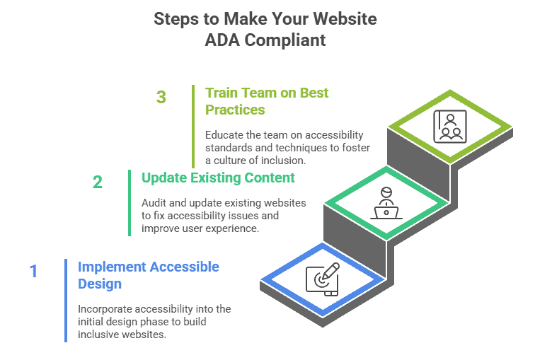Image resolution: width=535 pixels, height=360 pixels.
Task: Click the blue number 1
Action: coord(33,271)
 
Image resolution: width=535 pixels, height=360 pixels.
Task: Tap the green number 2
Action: coord(98,182)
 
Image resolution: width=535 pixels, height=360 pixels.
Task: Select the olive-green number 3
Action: coord(161,97)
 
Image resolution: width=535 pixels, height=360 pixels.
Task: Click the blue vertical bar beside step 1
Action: coord(66,300)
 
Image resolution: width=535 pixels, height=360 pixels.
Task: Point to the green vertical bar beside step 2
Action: coord(130,202)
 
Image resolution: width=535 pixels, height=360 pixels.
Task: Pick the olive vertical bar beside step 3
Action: coord(193,126)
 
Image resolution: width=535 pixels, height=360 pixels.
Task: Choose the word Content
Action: coord(270,178)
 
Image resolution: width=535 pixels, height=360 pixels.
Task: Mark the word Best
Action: coord(314,93)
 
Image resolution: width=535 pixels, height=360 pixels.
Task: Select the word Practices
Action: coord(235,110)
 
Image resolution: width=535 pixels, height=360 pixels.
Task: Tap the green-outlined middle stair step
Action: coord(386,203)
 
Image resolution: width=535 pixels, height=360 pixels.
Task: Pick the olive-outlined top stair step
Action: coord(449,125)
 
